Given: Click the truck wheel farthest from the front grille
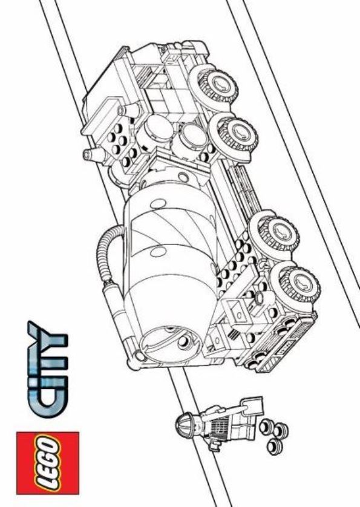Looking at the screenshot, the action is [x=214, y=85].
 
